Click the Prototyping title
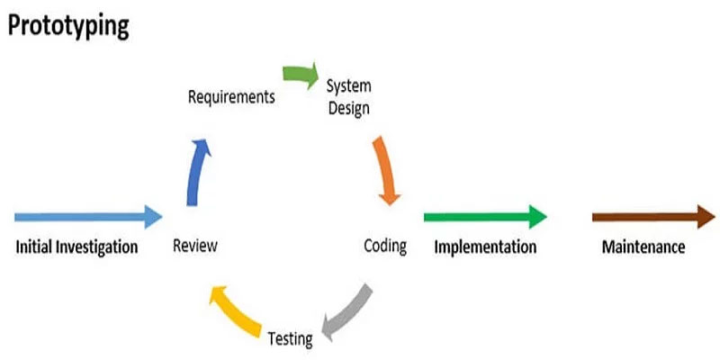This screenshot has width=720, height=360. (x=68, y=27)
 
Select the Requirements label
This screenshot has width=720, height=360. (x=231, y=97)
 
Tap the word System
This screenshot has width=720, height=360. (x=348, y=86)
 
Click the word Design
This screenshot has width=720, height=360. (x=349, y=109)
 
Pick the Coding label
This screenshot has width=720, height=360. (x=385, y=246)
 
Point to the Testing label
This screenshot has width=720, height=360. (x=290, y=339)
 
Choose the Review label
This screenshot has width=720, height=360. (x=194, y=246)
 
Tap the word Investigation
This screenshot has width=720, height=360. (x=96, y=247)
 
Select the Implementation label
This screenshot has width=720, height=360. (x=485, y=247)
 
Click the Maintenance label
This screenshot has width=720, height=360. (x=643, y=247)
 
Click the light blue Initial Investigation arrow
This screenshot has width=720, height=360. (x=88, y=217)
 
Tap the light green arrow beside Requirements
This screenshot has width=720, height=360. (x=301, y=75)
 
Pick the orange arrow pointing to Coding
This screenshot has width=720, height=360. (x=385, y=171)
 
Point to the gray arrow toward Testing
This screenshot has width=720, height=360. (x=347, y=313)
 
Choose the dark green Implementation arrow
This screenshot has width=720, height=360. (x=485, y=217)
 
